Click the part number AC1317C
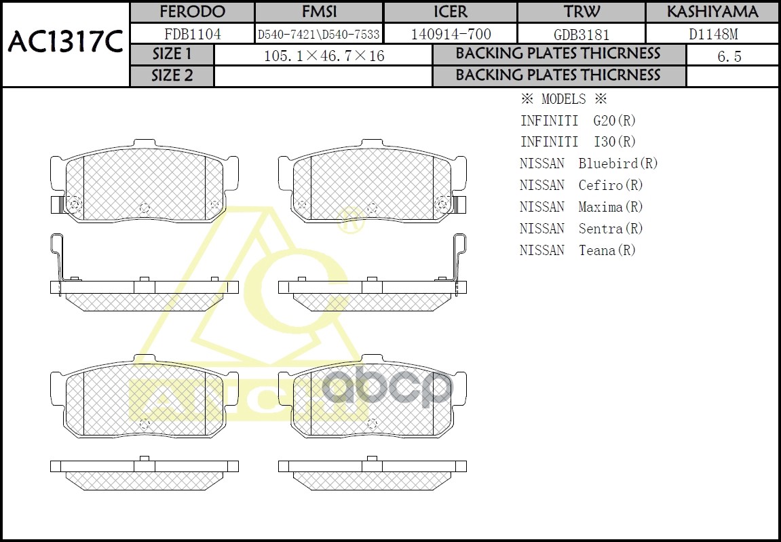pyautogui.click(x=65, y=43)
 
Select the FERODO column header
pyautogui.click(x=192, y=12)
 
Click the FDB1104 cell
pyautogui.click(x=192, y=34)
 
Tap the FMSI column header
pyautogui.click(x=319, y=12)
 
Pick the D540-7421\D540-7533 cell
pyautogui.click(x=319, y=34)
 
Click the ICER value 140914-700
pyautogui.click(x=451, y=34)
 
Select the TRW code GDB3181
pyautogui.click(x=582, y=34)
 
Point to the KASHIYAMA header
pyautogui.click(x=712, y=12)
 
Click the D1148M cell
pyautogui.click(x=712, y=34)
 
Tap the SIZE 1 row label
pyautogui.click(x=172, y=54)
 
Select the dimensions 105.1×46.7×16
pyautogui.click(x=324, y=56)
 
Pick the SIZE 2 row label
pyautogui.click(x=172, y=75)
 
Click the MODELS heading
pyautogui.click(x=563, y=99)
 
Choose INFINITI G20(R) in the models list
pyautogui.click(x=577, y=121)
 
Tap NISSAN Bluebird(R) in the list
pyautogui.click(x=588, y=163)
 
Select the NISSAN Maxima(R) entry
pyautogui.click(x=581, y=207)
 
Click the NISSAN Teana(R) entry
pyautogui.click(x=577, y=250)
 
